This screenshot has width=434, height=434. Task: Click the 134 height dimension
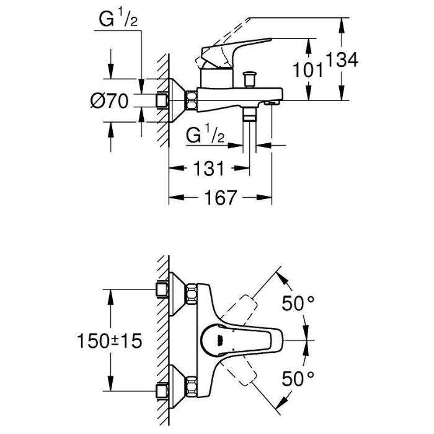click(343, 61)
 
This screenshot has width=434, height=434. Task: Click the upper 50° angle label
click(298, 304)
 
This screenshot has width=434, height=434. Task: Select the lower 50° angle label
click(298, 376)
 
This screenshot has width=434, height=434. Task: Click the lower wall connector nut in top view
click(162, 391)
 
